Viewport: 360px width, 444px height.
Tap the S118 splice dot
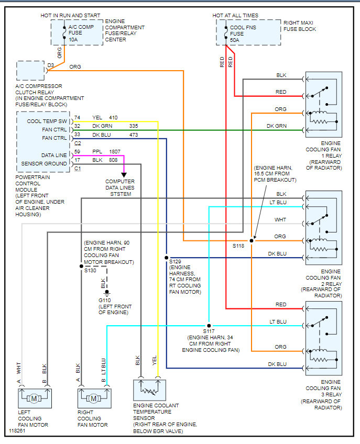(252, 240)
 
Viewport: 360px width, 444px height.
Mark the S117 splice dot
(209, 326)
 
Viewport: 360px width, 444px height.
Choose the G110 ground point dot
(106, 292)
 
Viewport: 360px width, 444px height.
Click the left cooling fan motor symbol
(35, 398)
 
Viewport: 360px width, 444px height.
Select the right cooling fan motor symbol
(93, 398)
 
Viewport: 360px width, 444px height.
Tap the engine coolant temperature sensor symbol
(149, 390)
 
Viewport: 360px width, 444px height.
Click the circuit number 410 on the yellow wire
(114, 118)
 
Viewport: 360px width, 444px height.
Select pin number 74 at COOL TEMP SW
(78, 118)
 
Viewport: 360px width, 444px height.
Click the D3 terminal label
(50, 65)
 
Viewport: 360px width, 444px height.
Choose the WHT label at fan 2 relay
(281, 220)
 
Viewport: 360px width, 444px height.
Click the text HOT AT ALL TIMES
(235, 16)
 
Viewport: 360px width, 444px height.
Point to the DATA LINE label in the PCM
(54, 156)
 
